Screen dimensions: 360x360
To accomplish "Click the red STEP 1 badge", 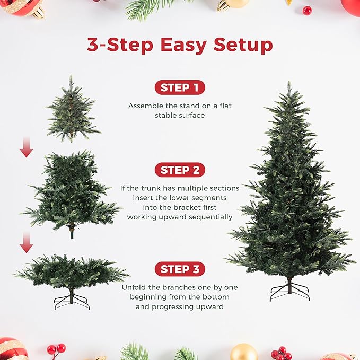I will [180, 88].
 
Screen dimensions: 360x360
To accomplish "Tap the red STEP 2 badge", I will [180, 170].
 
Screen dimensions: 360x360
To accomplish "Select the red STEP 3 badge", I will [180, 269].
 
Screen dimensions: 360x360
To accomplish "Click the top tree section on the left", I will [72, 111].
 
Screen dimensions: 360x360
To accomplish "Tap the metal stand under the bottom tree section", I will [72, 300].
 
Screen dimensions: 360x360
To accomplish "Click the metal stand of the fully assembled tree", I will [289, 291].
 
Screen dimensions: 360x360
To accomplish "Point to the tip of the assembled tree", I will [289, 83].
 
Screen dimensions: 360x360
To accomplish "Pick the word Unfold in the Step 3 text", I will [134, 287].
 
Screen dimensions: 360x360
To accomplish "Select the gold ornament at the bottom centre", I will [244, 353].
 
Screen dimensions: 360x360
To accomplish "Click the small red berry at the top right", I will [307, 10].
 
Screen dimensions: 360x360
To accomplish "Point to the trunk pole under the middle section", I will [72, 233].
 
